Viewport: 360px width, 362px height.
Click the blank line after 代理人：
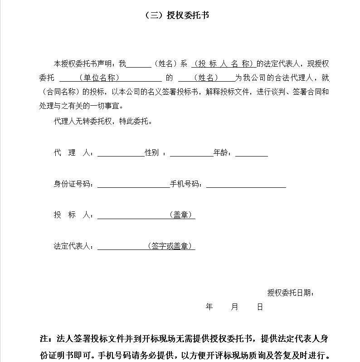click(120, 153)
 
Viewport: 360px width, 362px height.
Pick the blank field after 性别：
click(191, 153)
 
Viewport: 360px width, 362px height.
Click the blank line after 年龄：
click(251, 153)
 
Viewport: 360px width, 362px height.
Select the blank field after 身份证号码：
click(133, 184)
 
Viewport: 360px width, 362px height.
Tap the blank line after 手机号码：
click(246, 184)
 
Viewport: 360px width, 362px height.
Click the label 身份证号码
click(73, 184)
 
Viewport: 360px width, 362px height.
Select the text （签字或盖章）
click(171, 246)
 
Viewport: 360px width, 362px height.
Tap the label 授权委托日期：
click(291, 293)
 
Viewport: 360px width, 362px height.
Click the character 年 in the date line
click(209, 307)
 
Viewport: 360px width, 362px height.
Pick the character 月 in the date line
click(234, 307)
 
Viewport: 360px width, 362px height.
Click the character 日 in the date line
click(260, 307)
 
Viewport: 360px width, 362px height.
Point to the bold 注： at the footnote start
click(46, 339)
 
